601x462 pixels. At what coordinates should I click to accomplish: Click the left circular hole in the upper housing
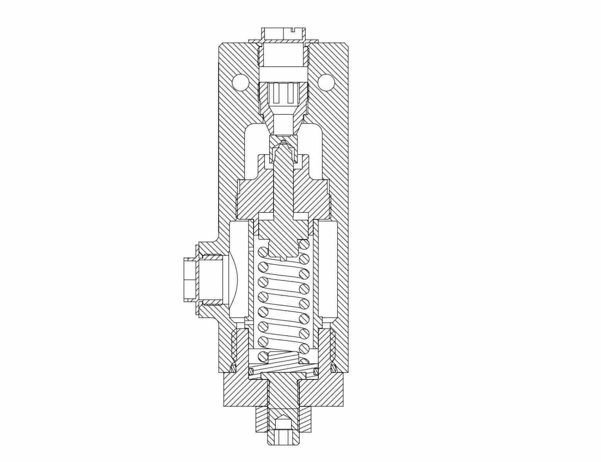240,83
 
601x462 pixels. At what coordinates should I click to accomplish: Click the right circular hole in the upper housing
326,83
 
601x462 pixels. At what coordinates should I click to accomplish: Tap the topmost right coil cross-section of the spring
304,244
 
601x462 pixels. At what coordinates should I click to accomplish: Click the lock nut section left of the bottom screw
262,419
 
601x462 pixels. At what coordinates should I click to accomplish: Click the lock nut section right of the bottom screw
306,419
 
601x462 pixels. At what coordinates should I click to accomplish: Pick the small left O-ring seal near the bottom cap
233,368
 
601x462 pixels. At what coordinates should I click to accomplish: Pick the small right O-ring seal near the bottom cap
334,368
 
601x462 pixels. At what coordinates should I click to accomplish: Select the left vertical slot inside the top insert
276,94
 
